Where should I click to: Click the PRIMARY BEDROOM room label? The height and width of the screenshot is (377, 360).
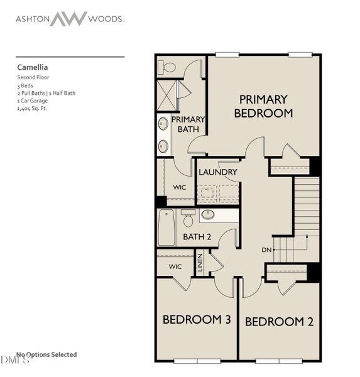(x=263, y=106)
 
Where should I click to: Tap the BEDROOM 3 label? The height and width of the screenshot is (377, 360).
(x=197, y=320)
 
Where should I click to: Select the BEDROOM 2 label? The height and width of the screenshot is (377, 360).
(x=279, y=322)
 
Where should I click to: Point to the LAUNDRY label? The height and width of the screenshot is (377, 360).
(x=217, y=172)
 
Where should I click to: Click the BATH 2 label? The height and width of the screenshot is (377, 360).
(x=196, y=237)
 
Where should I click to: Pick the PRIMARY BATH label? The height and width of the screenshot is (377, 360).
(x=188, y=124)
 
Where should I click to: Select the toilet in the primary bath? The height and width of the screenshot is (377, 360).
(x=168, y=67)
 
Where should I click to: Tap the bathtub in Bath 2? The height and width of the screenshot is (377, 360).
(x=166, y=227)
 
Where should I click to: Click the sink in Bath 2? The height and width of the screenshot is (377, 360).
(x=208, y=215)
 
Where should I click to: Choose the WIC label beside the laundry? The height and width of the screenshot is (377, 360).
(x=180, y=187)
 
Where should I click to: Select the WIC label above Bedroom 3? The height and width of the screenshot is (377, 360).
(x=175, y=266)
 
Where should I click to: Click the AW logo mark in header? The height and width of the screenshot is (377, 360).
(x=69, y=19)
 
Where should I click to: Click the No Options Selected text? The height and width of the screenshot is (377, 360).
(x=46, y=355)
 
